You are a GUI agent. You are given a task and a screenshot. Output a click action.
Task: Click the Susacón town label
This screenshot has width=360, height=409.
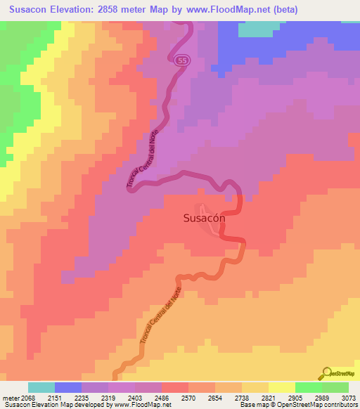(204, 218)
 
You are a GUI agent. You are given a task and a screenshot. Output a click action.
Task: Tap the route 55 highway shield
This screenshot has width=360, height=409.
(181, 61)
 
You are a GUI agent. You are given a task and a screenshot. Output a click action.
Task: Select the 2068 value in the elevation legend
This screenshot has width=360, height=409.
(27, 397)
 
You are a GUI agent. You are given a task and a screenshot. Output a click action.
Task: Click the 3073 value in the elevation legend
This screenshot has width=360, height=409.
(348, 397)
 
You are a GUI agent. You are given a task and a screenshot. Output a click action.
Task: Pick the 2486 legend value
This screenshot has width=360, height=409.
(161, 397)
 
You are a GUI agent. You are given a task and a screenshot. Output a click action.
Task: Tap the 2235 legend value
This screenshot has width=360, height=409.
(81, 397)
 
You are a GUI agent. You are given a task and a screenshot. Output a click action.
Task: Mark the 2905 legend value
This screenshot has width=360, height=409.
(295, 397)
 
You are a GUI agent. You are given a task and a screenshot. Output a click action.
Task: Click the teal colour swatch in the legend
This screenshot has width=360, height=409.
(41, 387)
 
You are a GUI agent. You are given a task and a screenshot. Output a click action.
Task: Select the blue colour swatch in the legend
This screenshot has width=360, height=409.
(68, 387)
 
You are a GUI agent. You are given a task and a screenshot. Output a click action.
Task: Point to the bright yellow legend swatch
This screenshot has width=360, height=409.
(282, 387)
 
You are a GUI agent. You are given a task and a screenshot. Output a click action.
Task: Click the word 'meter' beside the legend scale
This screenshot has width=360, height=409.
(10, 397)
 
